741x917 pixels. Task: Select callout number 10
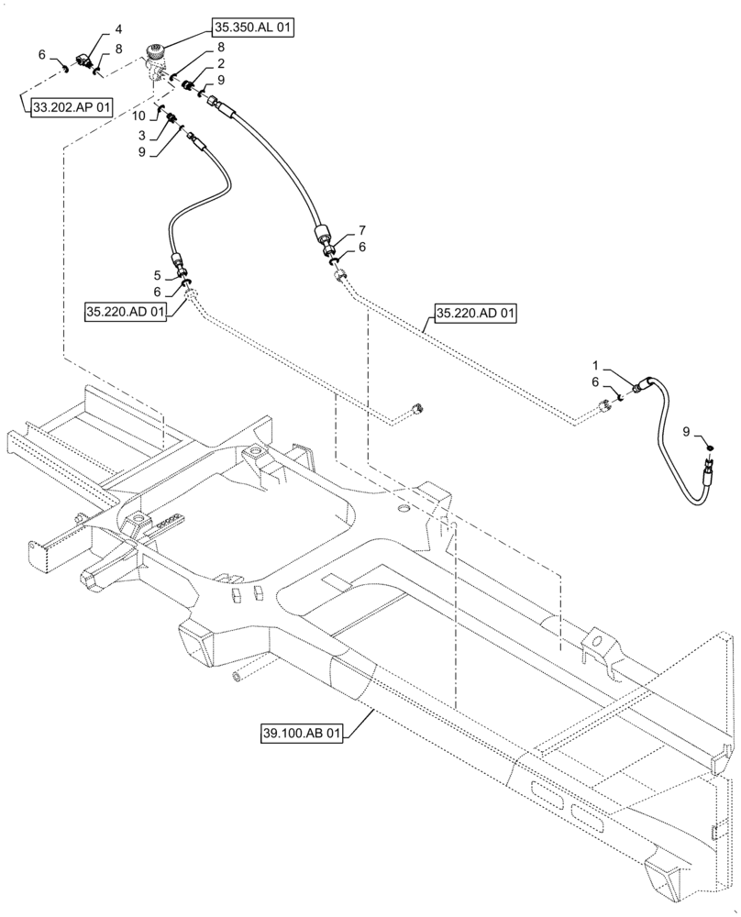(138, 116)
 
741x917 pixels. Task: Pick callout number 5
(159, 274)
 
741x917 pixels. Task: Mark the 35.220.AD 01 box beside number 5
(127, 313)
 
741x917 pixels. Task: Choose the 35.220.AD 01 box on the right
(475, 315)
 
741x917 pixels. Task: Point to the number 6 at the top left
(42, 55)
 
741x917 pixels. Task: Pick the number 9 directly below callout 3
(143, 151)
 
